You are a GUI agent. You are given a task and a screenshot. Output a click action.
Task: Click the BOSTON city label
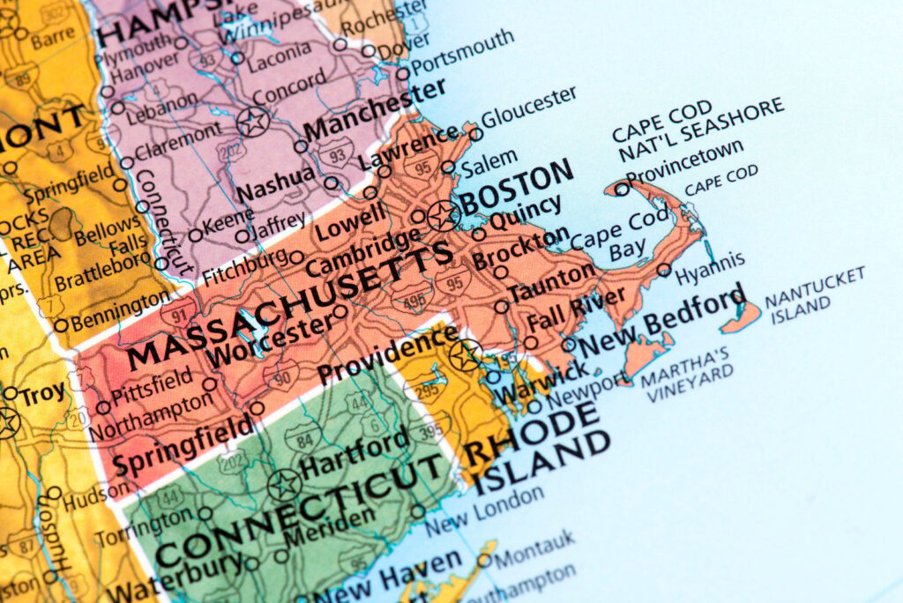click(516, 186)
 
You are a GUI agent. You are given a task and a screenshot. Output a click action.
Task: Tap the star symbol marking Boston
click(442, 214)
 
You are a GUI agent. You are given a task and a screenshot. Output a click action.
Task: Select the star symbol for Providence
click(466, 355)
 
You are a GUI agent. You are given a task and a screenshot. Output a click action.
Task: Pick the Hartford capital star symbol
click(284, 484)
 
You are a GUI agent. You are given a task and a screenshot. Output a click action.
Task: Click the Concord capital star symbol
click(253, 121)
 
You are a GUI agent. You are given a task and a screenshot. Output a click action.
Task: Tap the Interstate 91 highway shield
click(179, 311)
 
